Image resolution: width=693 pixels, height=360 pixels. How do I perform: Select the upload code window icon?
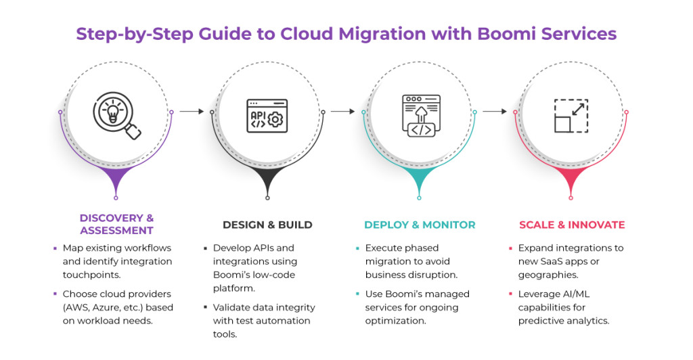coord(420,115)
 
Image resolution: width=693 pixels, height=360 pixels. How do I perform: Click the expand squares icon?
coord(571,116)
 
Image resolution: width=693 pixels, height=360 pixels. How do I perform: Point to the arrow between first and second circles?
coord(192,112)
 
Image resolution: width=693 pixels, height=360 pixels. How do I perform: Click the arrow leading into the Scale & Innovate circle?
coord(495,112)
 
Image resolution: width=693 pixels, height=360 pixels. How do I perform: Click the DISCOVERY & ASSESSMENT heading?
coord(116,225)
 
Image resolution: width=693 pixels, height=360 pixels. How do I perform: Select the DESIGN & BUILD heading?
coord(267,225)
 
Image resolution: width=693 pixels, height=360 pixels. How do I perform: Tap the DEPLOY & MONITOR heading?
coord(420,225)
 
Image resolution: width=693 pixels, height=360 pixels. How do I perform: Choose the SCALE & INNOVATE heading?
coord(572,225)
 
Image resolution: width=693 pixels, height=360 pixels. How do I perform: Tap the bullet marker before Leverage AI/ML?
coord(512,294)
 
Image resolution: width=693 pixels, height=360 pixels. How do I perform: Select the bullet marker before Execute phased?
coord(358,248)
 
